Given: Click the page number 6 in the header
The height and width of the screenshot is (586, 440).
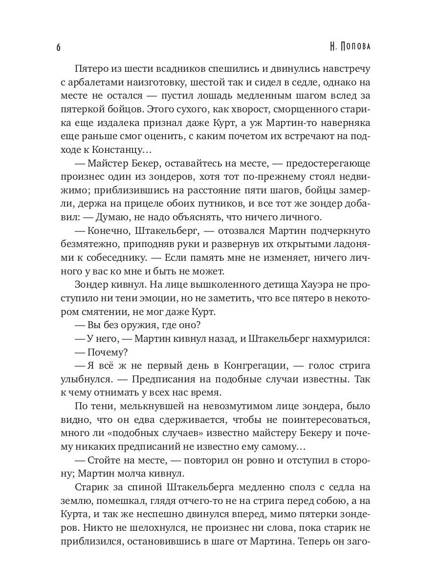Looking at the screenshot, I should (58, 47).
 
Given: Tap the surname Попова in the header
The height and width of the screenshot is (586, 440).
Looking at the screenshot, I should (360, 47).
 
